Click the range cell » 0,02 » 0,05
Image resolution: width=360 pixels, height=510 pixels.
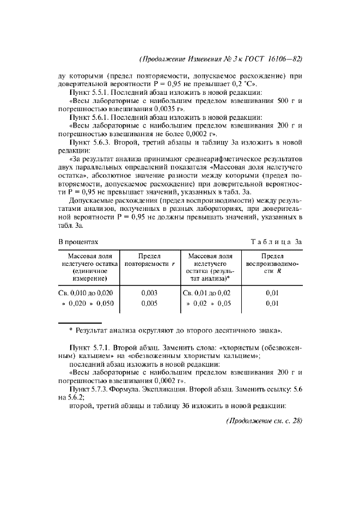tap(209, 303)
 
